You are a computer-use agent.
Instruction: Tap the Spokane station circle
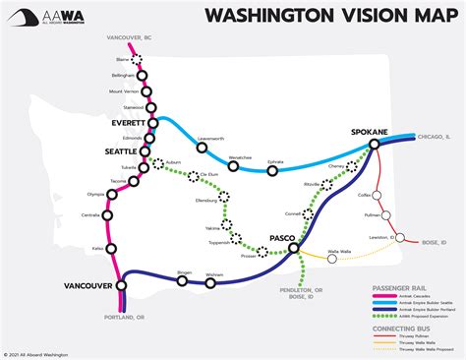click(x=375, y=145)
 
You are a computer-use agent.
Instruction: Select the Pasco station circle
click(x=294, y=249)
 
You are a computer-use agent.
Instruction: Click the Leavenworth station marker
click(x=203, y=149)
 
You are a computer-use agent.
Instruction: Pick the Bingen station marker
click(x=183, y=280)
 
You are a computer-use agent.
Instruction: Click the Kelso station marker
click(x=111, y=249)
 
